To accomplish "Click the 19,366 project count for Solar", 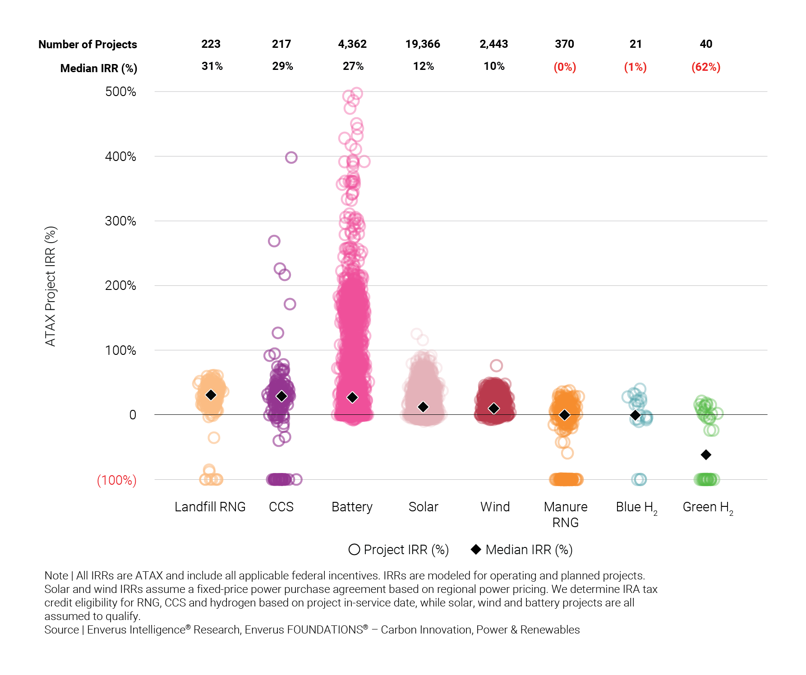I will tap(423, 44).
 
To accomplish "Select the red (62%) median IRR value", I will tap(706, 67).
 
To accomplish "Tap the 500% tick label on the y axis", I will tap(120, 92).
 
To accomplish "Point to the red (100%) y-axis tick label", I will tap(116, 480).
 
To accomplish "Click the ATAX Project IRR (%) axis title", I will tap(51, 286).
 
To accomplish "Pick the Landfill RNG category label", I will tap(210, 507).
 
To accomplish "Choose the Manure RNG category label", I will tap(565, 514).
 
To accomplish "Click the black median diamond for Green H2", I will tap(706, 455).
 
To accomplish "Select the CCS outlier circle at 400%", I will tap(291, 158).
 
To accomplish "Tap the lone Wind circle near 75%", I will tap(496, 366).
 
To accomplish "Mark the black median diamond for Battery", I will tap(352, 397).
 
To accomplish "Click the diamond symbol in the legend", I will tap(476, 550).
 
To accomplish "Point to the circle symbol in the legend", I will tap(355, 550).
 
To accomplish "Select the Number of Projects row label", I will tap(88, 45).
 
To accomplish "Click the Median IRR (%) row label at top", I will tap(98, 69).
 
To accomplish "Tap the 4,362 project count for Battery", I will tap(352, 44).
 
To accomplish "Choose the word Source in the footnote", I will tap(61, 630).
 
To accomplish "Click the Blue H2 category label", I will tap(636, 508).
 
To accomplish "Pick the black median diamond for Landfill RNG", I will tap(211, 395).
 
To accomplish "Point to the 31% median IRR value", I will tap(212, 67).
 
